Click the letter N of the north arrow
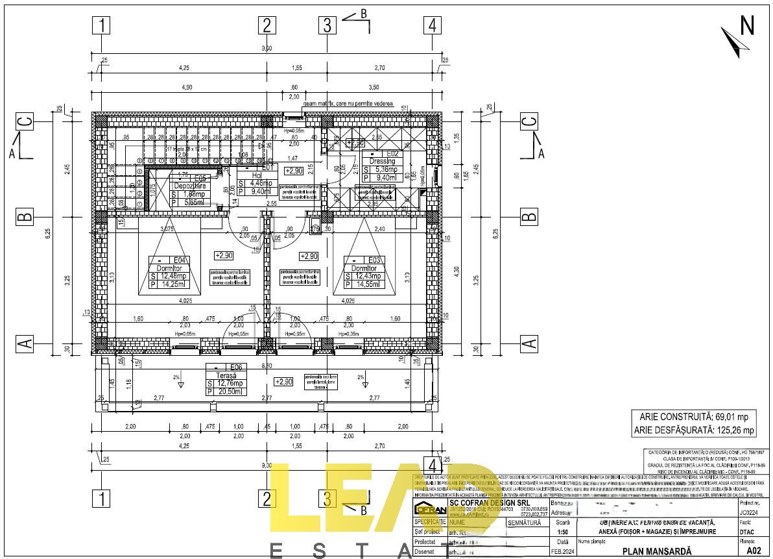click(x=747, y=25)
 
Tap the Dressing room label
click(x=382, y=161)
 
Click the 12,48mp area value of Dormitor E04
click(x=170, y=276)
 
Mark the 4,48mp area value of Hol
click(x=263, y=182)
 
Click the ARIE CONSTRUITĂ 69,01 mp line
click(x=694, y=417)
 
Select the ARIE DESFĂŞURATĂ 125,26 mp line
click(x=694, y=430)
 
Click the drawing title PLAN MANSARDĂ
click(x=657, y=551)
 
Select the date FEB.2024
click(x=562, y=551)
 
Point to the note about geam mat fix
click(x=348, y=103)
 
